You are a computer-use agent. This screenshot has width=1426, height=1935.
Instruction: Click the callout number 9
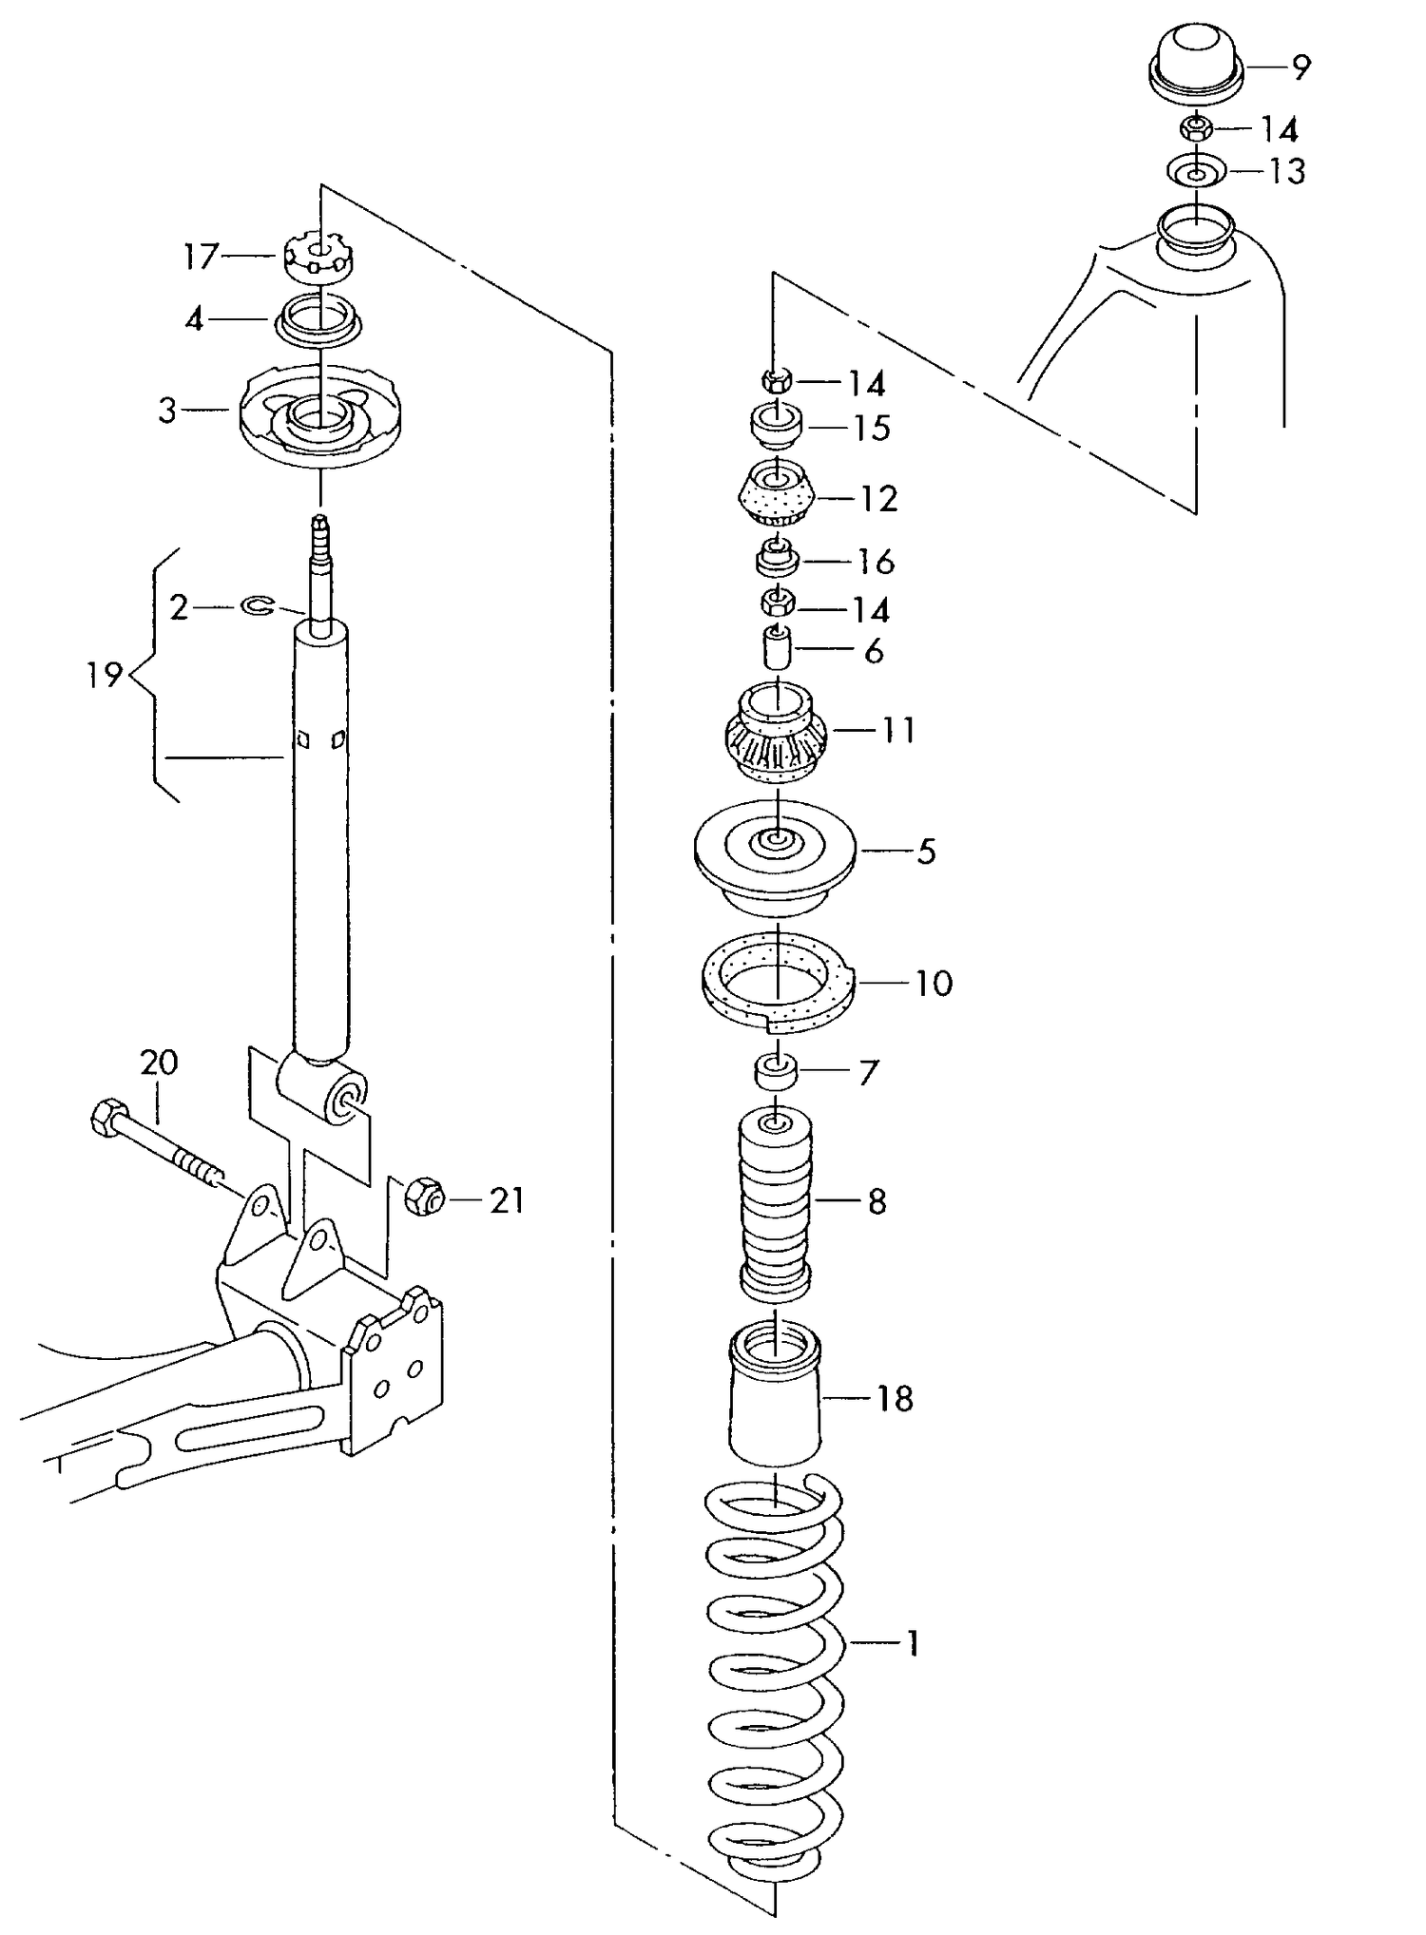(x=1301, y=67)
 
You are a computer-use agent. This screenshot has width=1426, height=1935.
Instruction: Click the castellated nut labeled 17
(x=319, y=256)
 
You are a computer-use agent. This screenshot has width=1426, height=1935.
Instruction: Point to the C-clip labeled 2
(x=256, y=605)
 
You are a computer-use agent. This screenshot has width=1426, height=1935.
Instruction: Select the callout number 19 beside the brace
(x=105, y=676)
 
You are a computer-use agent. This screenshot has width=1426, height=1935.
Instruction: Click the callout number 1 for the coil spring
(x=913, y=1643)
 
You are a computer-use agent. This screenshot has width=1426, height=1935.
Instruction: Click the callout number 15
(x=871, y=429)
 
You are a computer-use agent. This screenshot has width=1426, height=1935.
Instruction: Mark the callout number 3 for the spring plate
(x=167, y=412)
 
